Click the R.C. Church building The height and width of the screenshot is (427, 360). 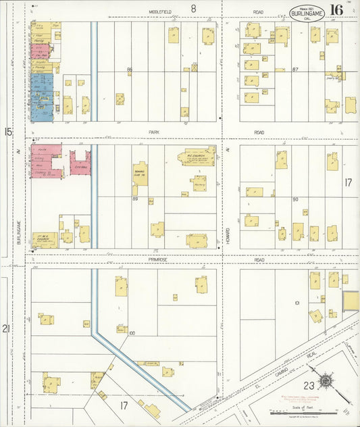197,157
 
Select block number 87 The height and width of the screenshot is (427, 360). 296,70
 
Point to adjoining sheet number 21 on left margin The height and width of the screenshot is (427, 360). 7,329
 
